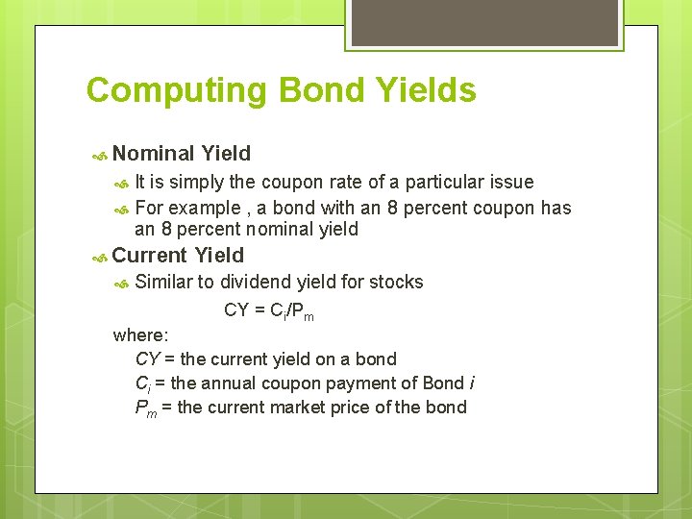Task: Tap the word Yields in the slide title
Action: click(427, 90)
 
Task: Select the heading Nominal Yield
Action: click(181, 154)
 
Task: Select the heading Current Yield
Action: click(178, 256)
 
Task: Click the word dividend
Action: click(257, 282)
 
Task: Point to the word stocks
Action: click(396, 282)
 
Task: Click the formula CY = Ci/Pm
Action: click(268, 310)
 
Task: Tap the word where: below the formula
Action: click(140, 335)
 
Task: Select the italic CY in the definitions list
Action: click(147, 359)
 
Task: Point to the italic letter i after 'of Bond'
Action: click(471, 383)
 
